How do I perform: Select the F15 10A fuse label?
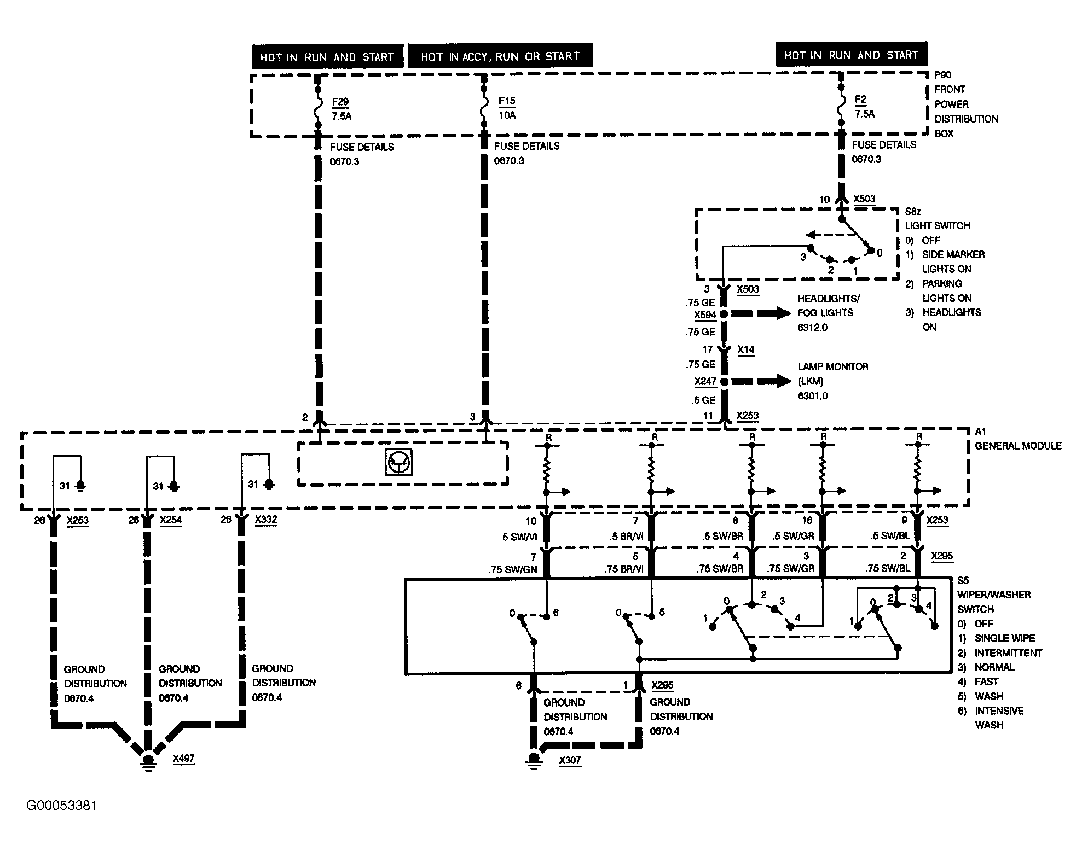tap(507, 108)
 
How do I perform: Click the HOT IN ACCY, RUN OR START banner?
tap(500, 56)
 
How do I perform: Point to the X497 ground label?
tap(183, 759)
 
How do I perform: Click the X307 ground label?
tap(570, 760)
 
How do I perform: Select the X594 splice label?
tap(705, 315)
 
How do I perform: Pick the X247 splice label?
tap(705, 381)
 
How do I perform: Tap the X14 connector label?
tap(745, 349)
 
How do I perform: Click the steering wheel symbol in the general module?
tap(398, 463)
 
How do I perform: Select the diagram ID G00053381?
tap(62, 806)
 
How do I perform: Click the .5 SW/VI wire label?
tap(520, 537)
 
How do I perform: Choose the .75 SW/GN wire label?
tap(513, 569)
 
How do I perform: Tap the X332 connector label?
tap(266, 520)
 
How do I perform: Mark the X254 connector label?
tap(171, 520)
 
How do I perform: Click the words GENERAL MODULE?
tap(1018, 446)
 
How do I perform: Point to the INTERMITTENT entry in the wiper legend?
tap(1008, 653)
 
